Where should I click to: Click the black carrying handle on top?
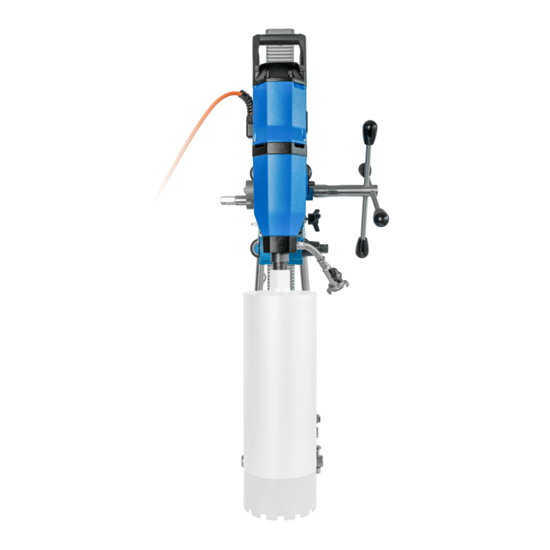(279, 39)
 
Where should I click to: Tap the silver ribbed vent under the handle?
(279, 50)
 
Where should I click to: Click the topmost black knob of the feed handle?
(370, 132)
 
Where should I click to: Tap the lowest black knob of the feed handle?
(361, 248)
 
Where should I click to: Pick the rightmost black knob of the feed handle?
(381, 217)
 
